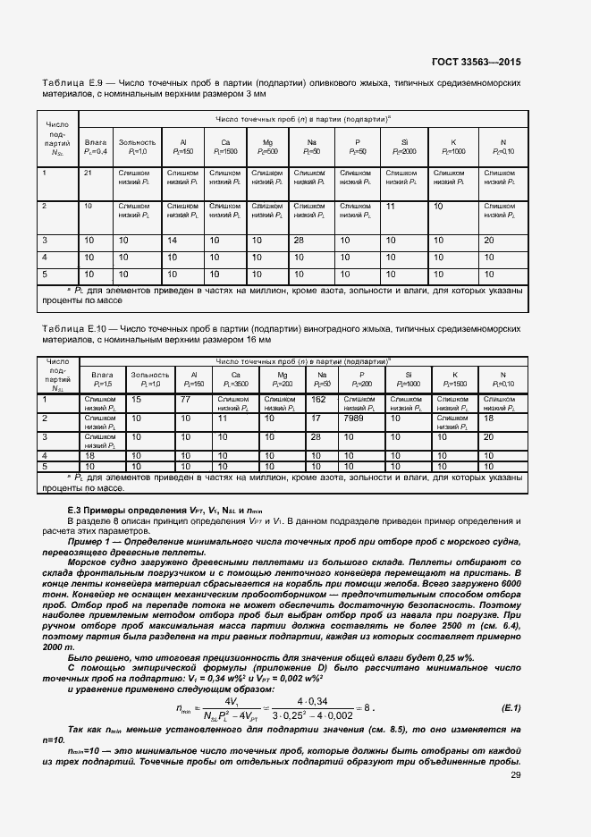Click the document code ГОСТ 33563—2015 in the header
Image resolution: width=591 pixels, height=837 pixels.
(x=476, y=62)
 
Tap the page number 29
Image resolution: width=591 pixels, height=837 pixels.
(x=516, y=774)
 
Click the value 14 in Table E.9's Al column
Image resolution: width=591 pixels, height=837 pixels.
(x=173, y=241)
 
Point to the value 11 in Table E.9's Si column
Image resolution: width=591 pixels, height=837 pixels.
(x=391, y=206)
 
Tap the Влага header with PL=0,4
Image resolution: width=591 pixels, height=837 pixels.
(x=96, y=147)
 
